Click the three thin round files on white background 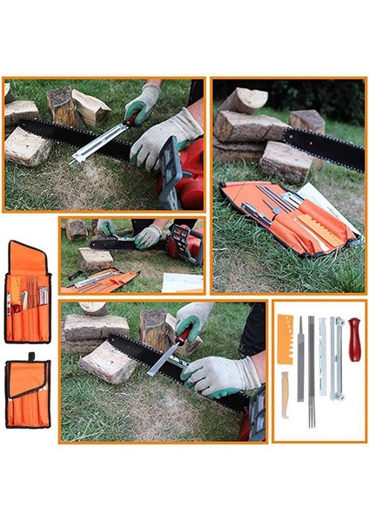coord(312,370)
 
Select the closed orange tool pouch coord(27,393)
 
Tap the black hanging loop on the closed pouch coord(28,357)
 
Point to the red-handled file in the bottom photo coord(169,349)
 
